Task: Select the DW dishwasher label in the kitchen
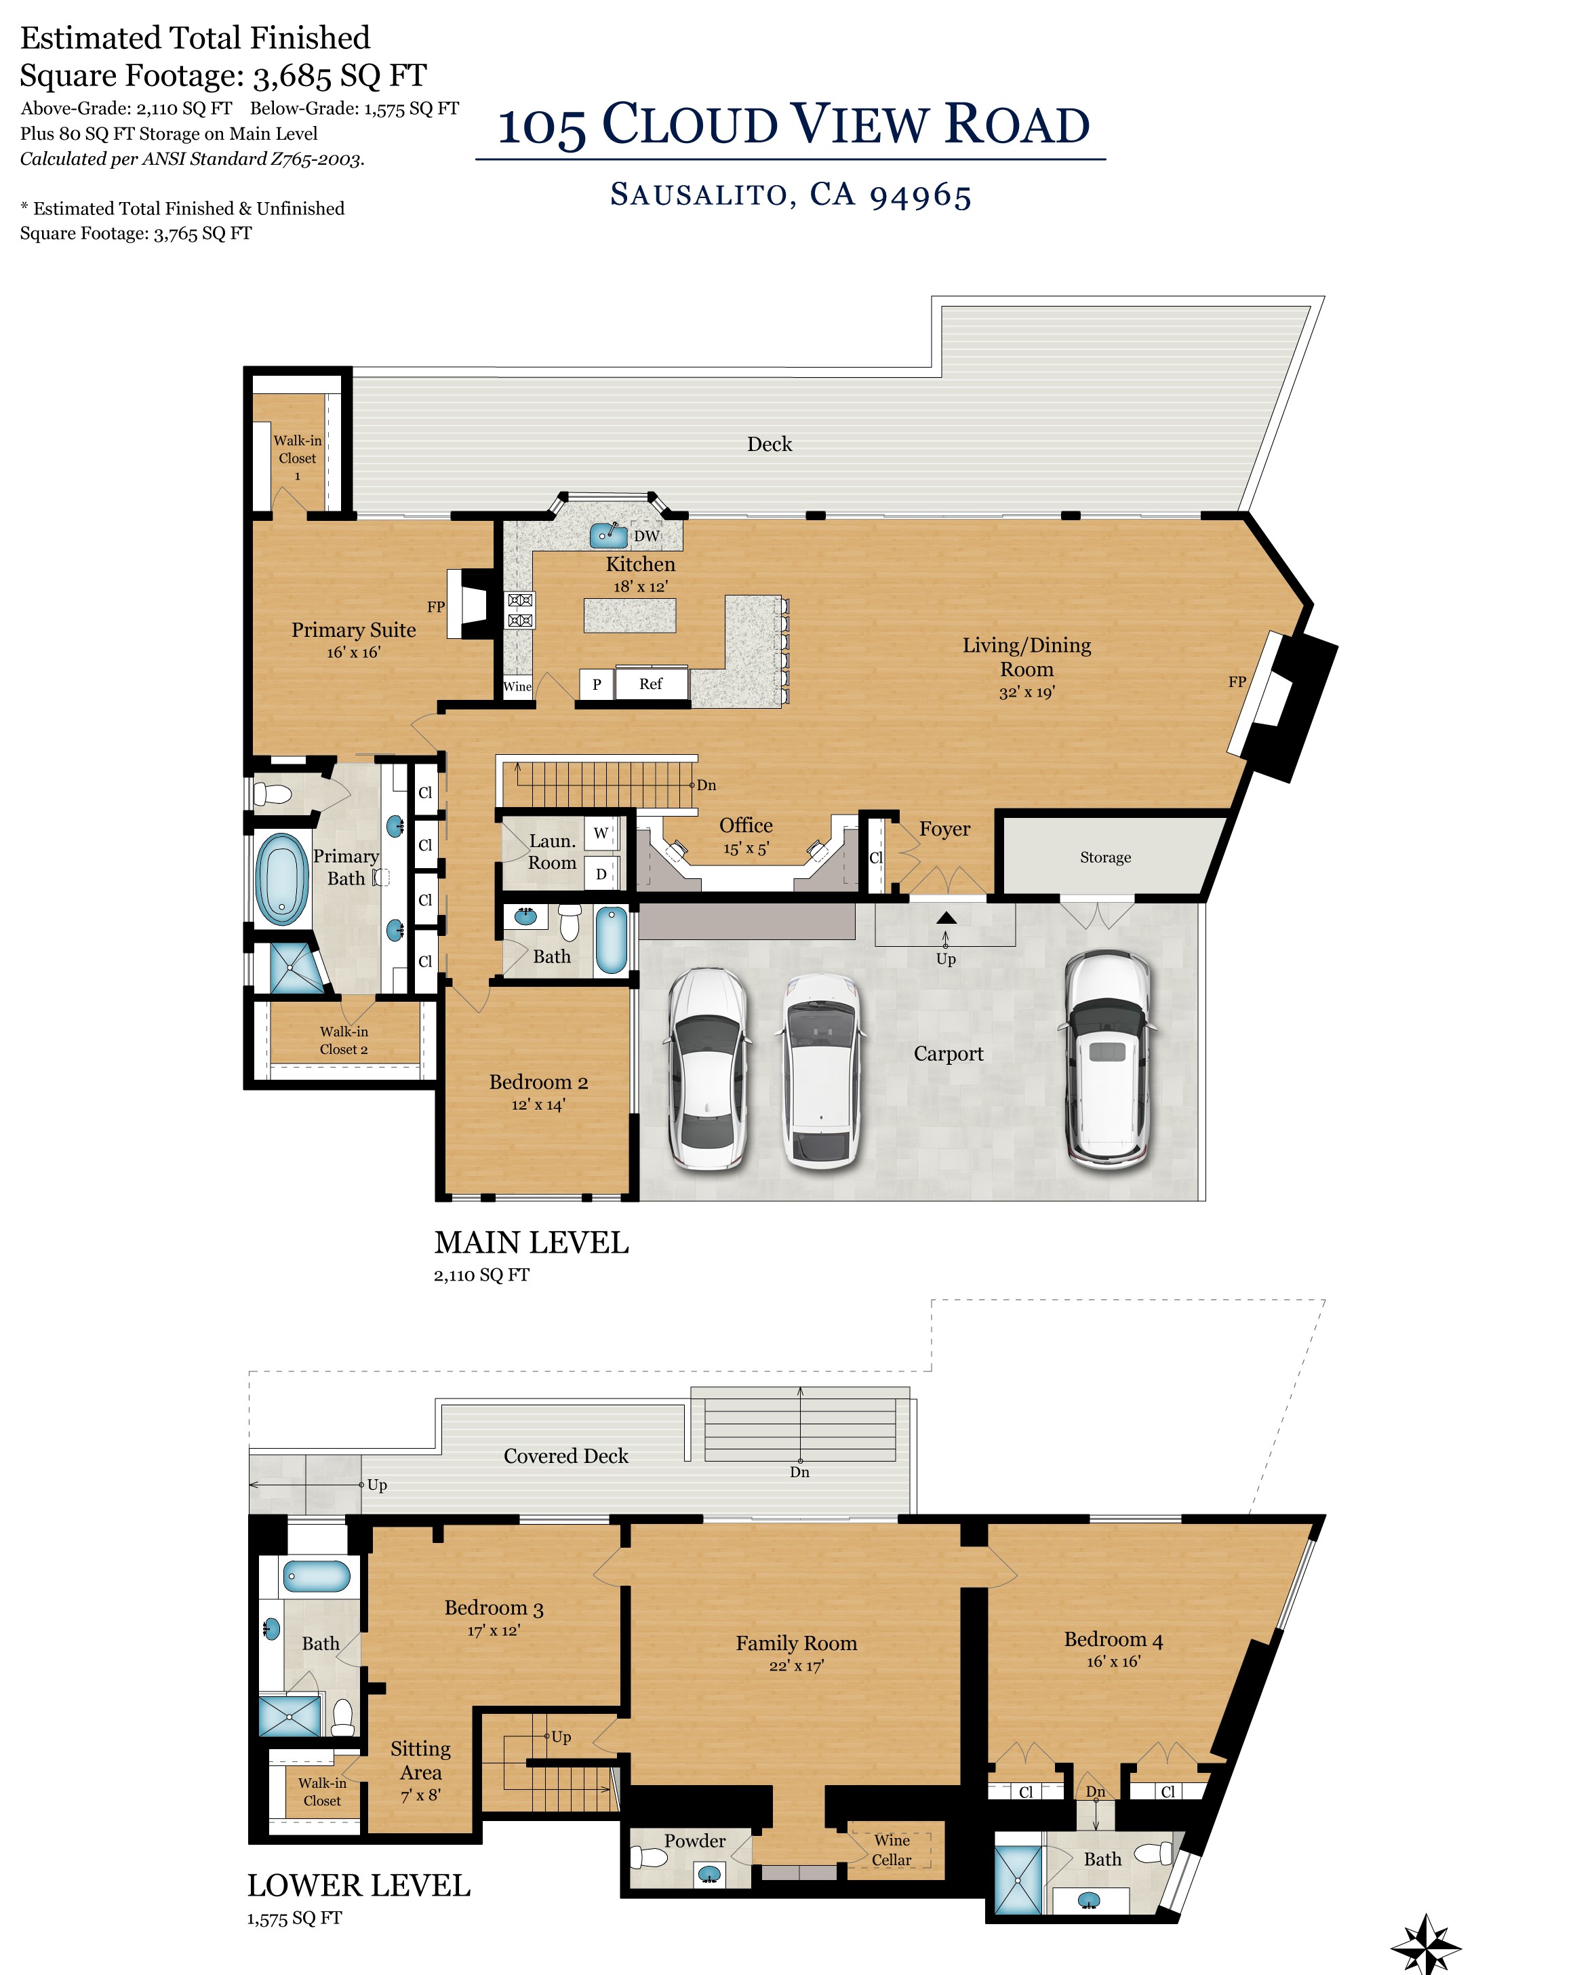pos(647,536)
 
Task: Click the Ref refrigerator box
pos(651,684)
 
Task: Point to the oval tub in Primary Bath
pos(282,880)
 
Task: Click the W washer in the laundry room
pos(601,834)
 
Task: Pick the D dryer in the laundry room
pos(601,874)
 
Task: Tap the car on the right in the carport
pos(1108,1060)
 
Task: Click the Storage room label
pos(1105,857)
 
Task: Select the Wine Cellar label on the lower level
pos(892,1850)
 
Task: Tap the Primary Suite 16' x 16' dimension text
pos(353,652)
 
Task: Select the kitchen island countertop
pos(630,614)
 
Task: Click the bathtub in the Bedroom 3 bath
pos(317,1576)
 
